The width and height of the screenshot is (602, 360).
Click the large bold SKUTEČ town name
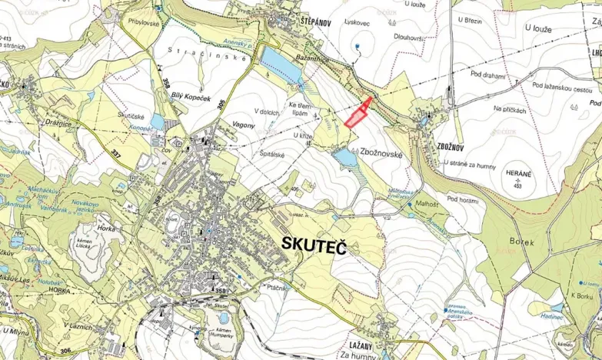[315, 245]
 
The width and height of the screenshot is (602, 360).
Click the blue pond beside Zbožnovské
[345, 158]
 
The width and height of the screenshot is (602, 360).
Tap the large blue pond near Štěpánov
[281, 65]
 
